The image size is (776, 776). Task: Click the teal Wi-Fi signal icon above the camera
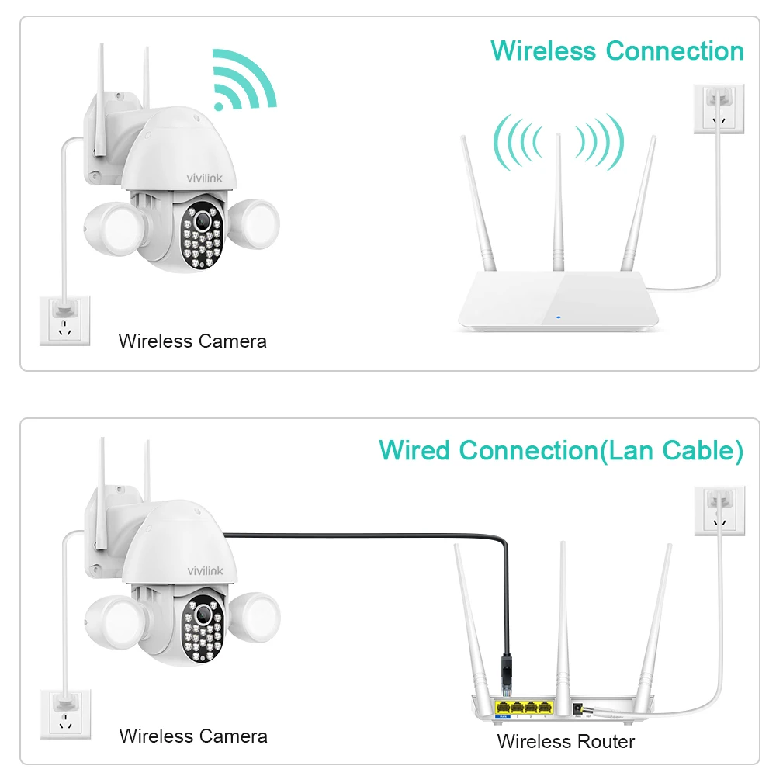[242, 81]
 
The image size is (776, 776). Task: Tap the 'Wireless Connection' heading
[617, 51]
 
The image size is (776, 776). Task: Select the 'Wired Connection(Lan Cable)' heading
[560, 451]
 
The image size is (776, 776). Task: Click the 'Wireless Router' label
[566, 741]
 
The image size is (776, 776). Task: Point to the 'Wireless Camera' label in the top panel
[192, 341]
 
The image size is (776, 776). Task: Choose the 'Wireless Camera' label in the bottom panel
[193, 736]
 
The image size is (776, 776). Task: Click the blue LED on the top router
[557, 317]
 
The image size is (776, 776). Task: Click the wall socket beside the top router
[719, 109]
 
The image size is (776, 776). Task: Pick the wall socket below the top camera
[65, 321]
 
